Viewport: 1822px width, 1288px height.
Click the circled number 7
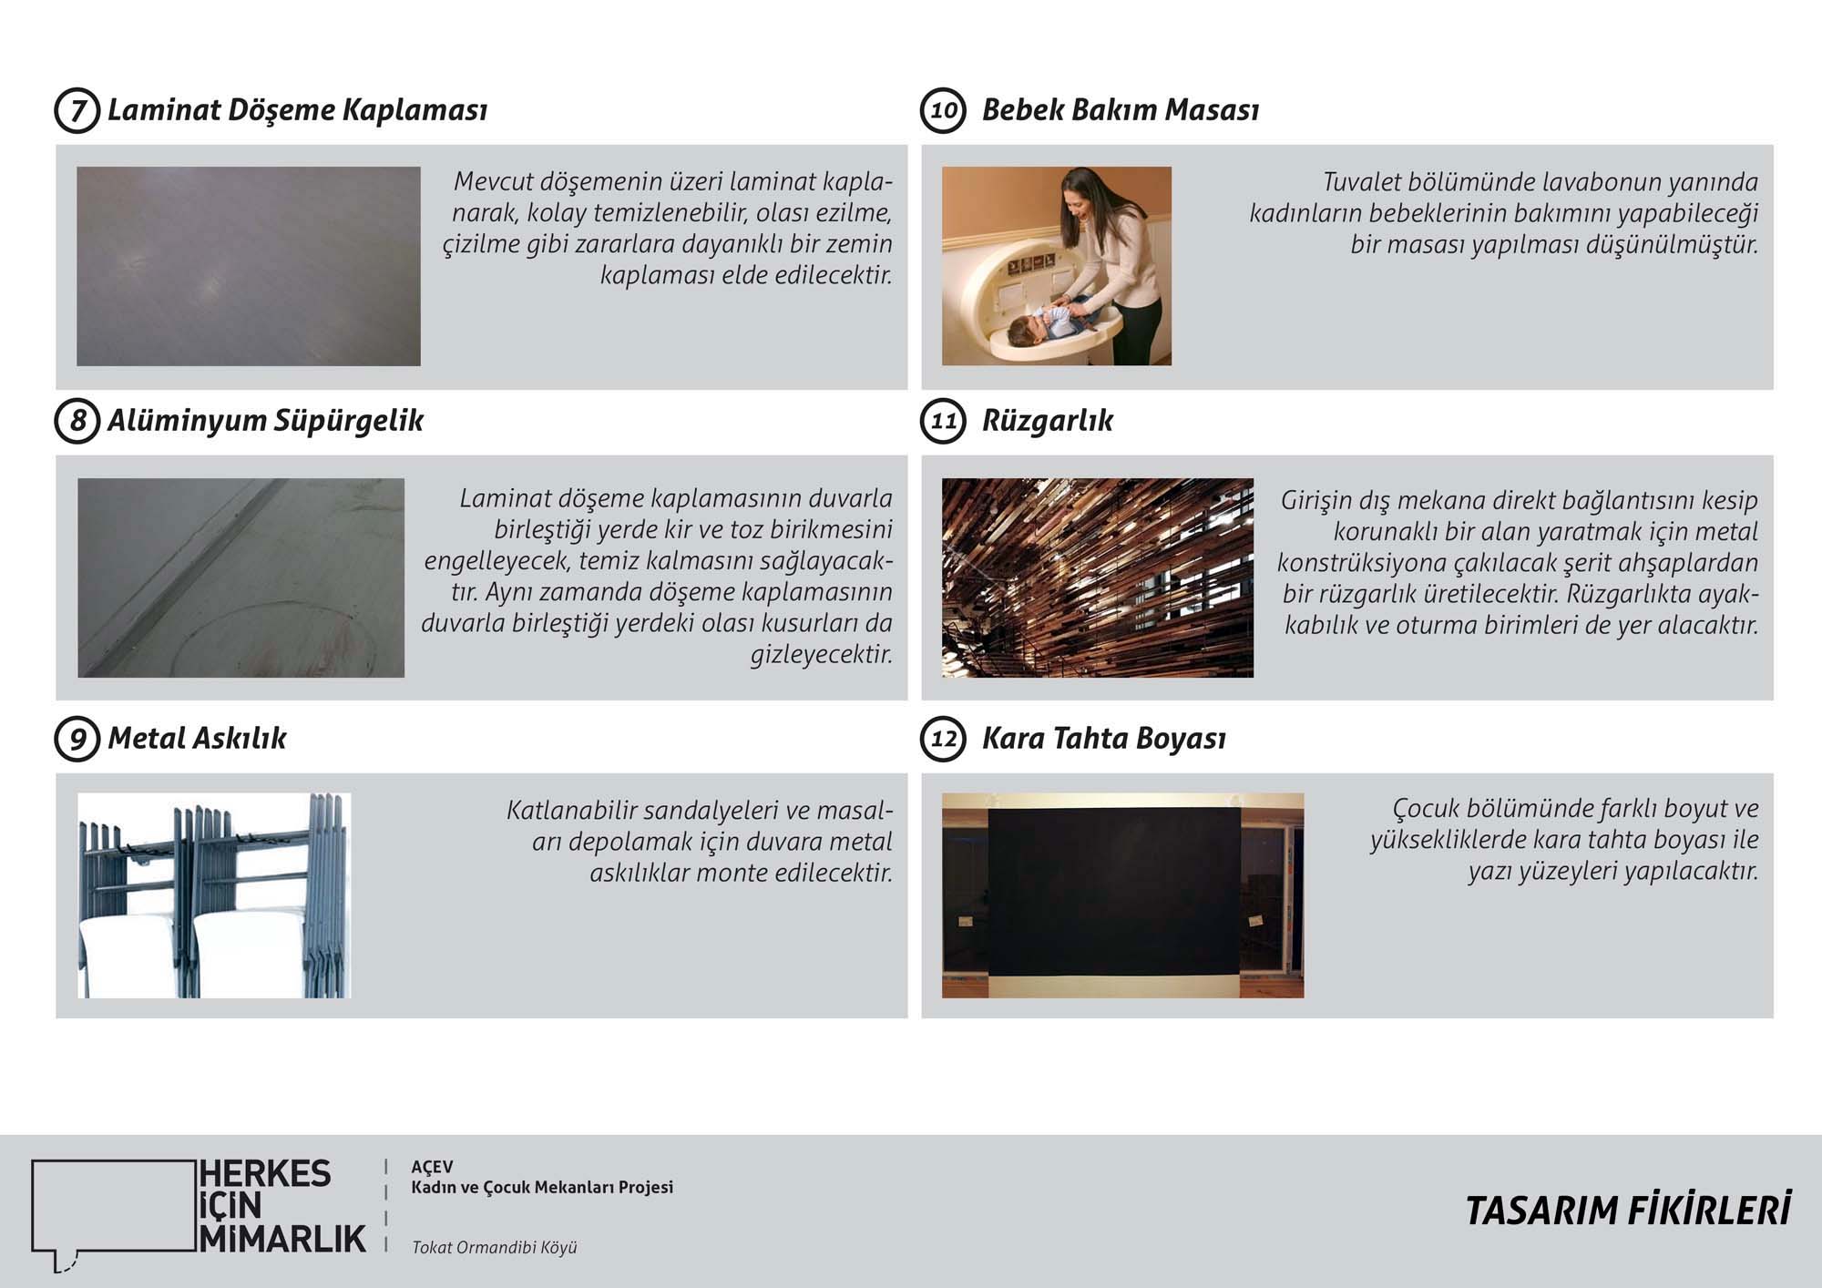click(77, 110)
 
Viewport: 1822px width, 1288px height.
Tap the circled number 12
click(943, 738)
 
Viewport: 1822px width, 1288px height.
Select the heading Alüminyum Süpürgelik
click(265, 421)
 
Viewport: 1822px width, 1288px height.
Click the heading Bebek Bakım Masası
click(1120, 110)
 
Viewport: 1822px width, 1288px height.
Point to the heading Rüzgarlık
click(1047, 421)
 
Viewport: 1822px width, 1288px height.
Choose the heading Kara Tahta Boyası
click(1103, 738)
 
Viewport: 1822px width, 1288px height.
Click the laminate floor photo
click(248, 266)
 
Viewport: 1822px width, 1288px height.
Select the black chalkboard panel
click(1113, 891)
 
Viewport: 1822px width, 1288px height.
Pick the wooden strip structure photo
click(1097, 578)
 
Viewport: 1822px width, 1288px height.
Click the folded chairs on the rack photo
click(214, 894)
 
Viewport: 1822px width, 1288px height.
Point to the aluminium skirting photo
click(241, 578)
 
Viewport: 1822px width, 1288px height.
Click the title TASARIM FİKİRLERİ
click(1627, 1211)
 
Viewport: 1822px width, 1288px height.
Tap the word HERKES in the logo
click(265, 1174)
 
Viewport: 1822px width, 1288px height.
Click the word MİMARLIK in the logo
click(282, 1239)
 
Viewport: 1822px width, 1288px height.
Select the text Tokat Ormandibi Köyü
click(494, 1248)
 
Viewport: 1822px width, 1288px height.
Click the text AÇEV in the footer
click(432, 1167)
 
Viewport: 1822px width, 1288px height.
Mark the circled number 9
click(77, 738)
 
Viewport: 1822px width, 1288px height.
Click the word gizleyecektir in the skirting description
click(821, 654)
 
